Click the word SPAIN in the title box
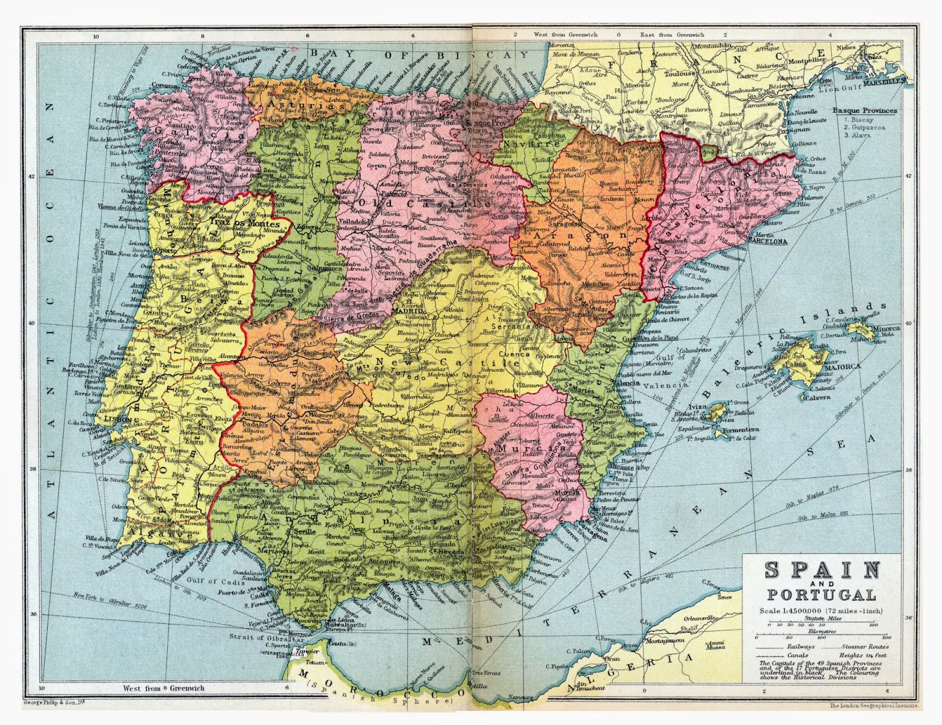pyautogui.click(x=822, y=570)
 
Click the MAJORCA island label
pyautogui.click(x=843, y=366)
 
